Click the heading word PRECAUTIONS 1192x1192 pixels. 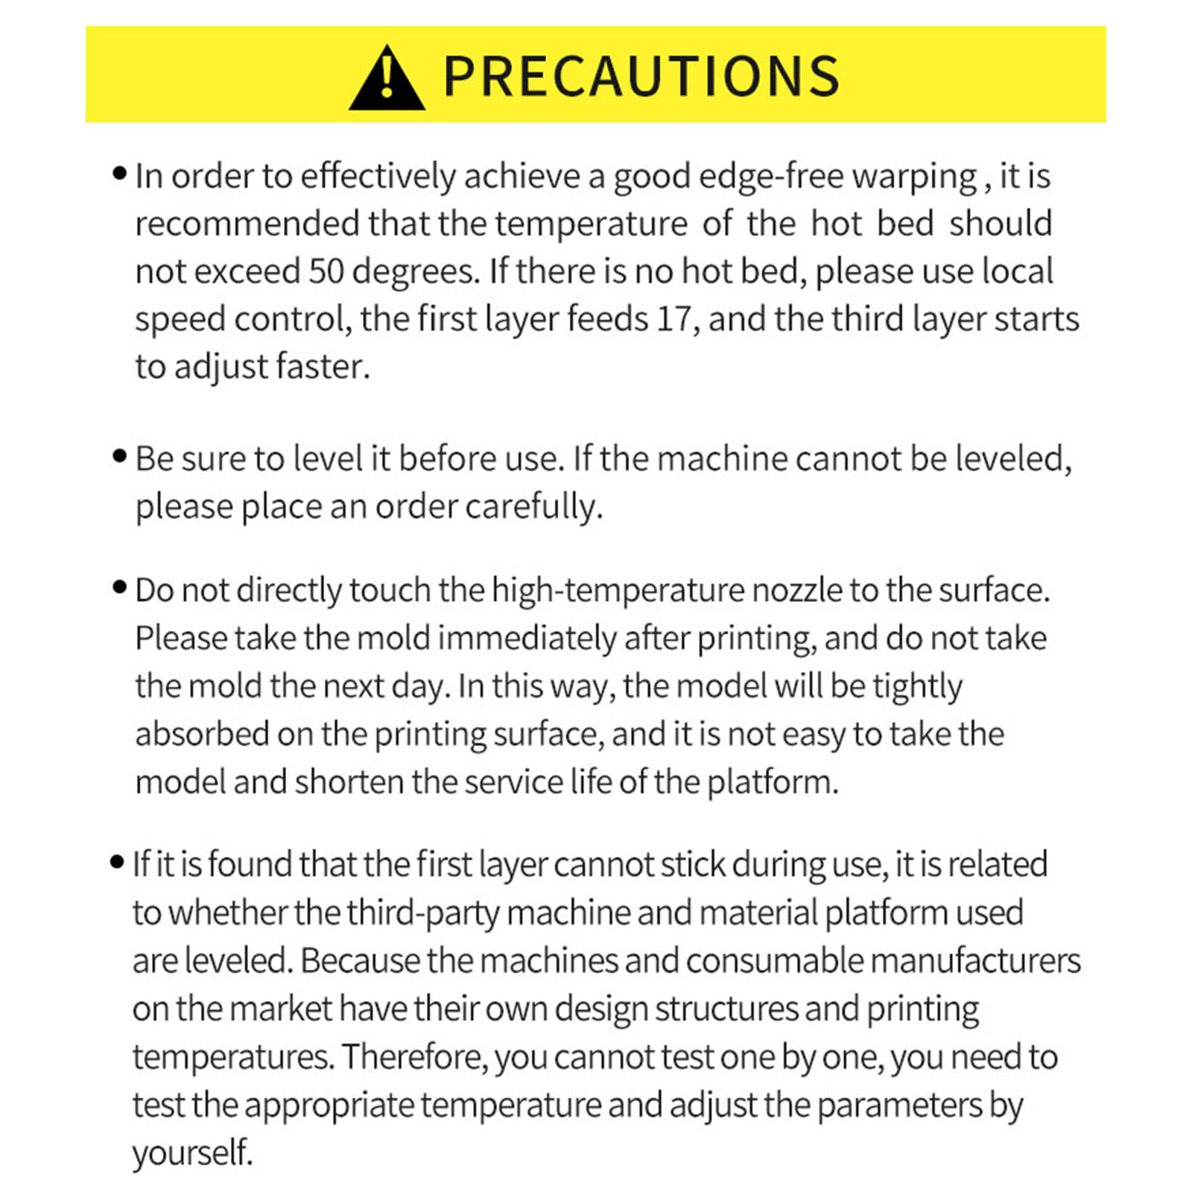click(641, 76)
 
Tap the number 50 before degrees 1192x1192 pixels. click(326, 271)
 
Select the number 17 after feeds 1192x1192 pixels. click(674, 319)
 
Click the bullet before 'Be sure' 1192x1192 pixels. click(119, 456)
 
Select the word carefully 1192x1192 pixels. click(533, 507)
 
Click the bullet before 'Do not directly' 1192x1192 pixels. click(119, 587)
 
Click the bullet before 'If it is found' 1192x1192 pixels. click(117, 863)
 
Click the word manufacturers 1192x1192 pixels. click(975, 961)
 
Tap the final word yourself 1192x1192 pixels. click(192, 1153)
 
